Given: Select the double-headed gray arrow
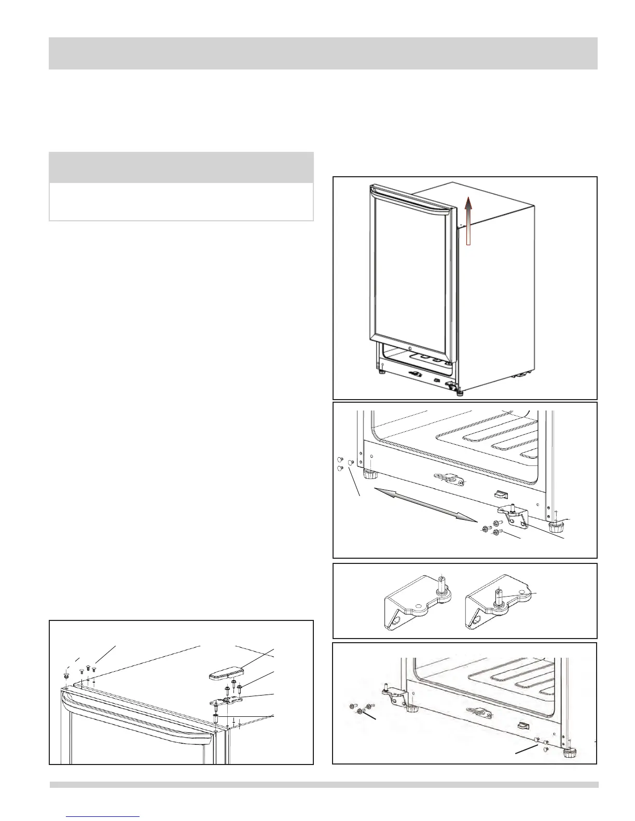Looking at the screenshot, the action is click(425, 503).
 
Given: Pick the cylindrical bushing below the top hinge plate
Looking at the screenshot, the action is click(216, 719).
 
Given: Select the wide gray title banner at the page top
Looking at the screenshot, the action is click(323, 53).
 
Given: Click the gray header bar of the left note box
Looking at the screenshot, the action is click(181, 167).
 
